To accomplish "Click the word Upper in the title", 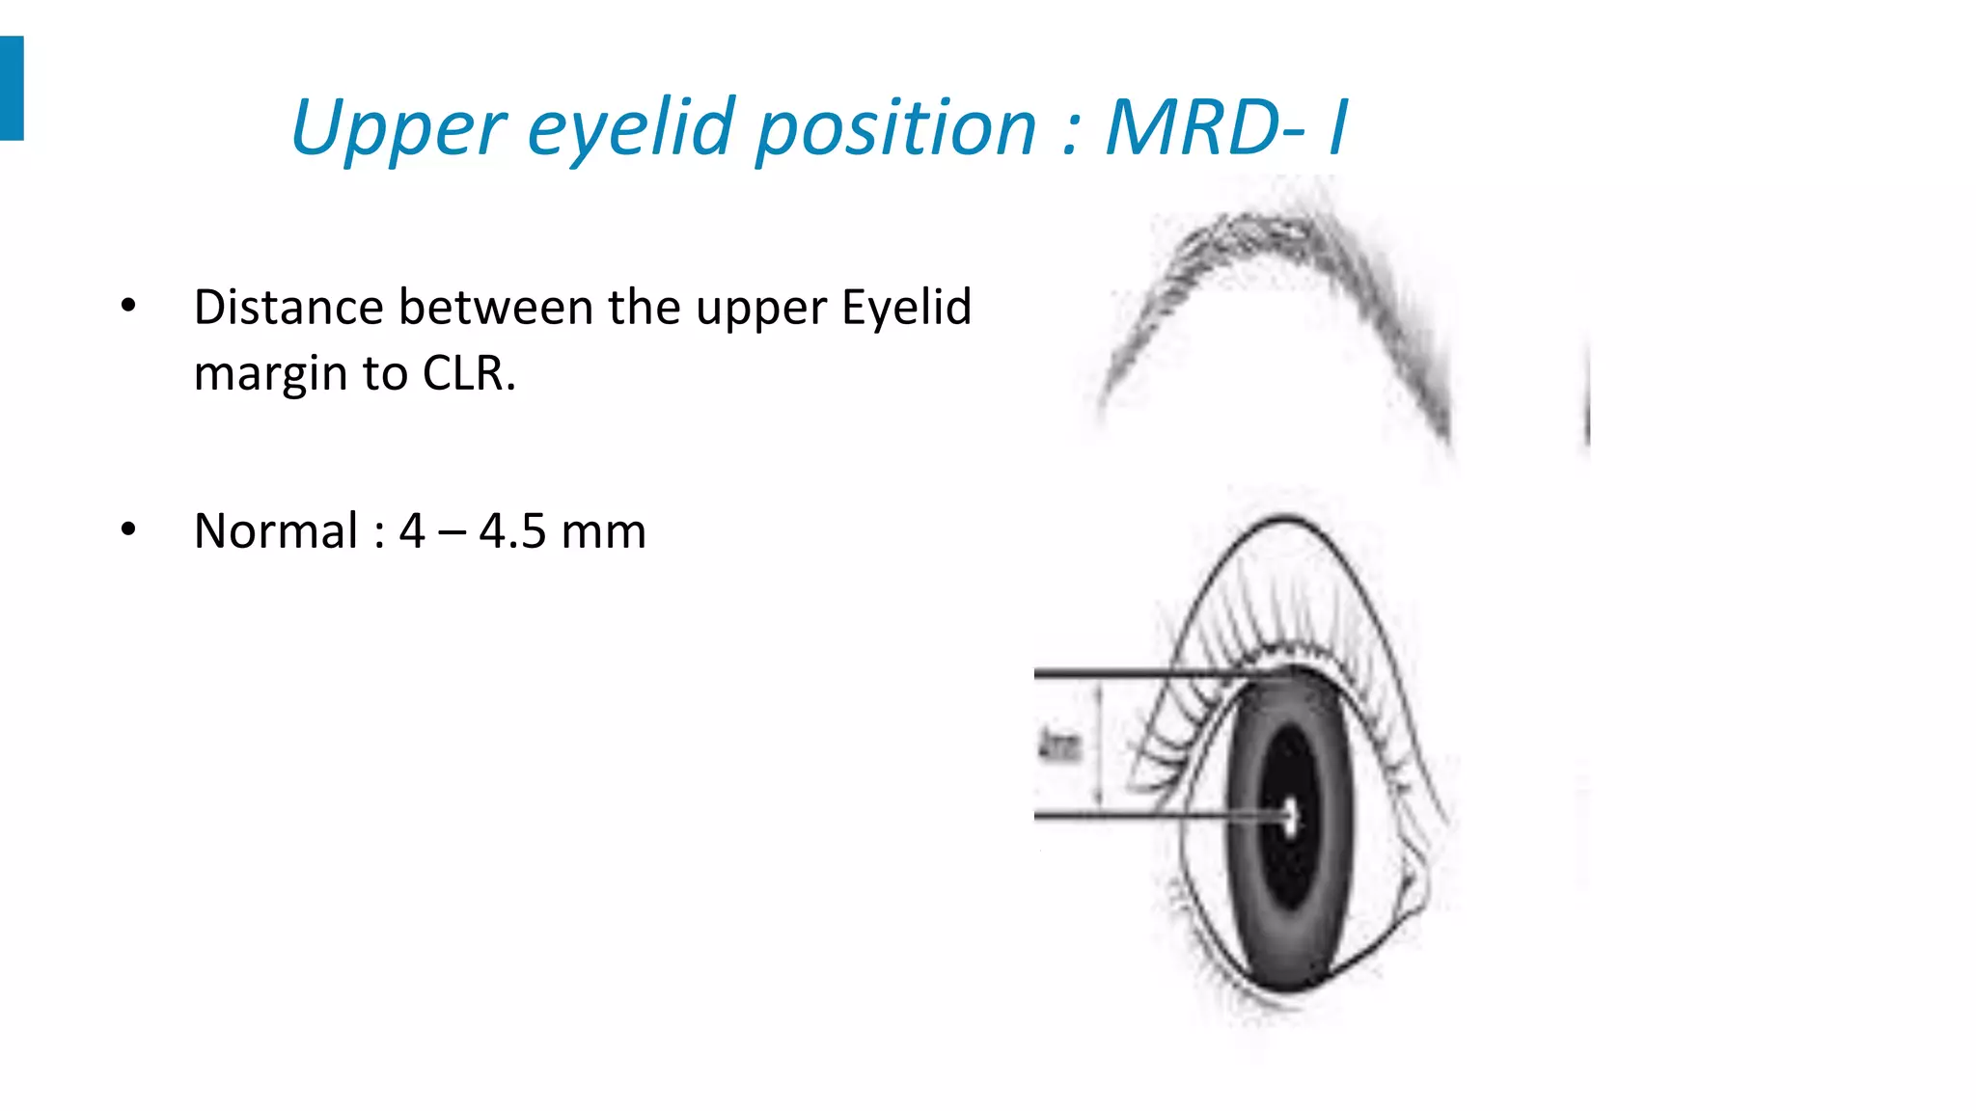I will [x=398, y=127].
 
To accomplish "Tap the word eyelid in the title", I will [x=632, y=127].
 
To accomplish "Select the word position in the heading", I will [x=895, y=127].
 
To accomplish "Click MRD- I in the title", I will [x=1225, y=127].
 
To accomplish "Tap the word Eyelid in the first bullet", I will [x=906, y=308].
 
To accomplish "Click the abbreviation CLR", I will [x=468, y=373].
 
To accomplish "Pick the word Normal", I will [x=276, y=530].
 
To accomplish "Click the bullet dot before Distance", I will [x=128, y=307].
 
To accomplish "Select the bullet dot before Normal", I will [x=128, y=529].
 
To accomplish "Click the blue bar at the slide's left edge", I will [x=11, y=88].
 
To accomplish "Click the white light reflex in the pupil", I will [x=1291, y=817].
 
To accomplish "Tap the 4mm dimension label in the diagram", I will [x=1058, y=745].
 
